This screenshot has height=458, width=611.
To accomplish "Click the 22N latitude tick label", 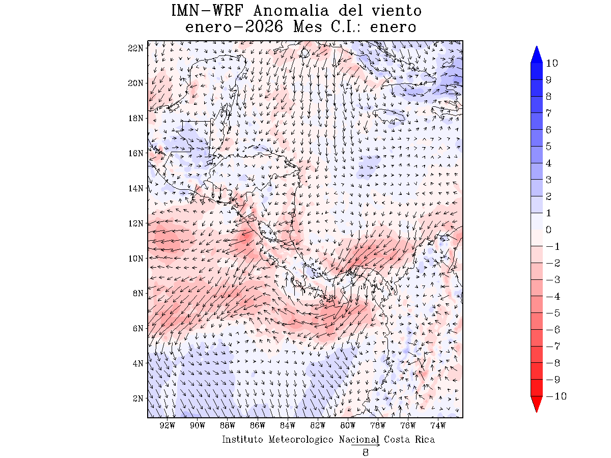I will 135,48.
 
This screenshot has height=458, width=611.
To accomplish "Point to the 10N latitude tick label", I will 135,258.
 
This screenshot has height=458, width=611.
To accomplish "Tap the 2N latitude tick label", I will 137,398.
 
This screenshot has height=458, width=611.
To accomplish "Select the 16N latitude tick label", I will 135,153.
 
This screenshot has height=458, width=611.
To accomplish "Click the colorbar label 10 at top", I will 551,64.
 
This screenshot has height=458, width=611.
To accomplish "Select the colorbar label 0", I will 548,230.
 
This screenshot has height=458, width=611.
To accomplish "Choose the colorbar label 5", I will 548,147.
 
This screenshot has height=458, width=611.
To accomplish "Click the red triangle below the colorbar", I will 537,404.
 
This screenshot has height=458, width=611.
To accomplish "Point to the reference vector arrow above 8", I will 366,445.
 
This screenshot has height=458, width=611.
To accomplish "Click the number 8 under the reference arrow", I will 366,452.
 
